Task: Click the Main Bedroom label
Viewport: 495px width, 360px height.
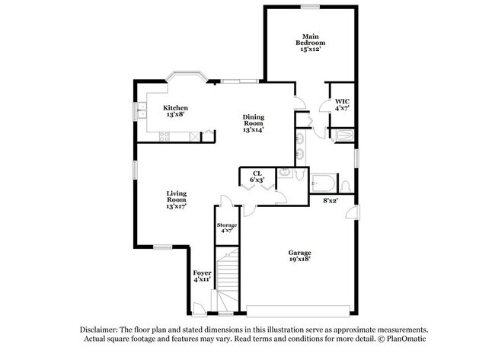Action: tap(310, 43)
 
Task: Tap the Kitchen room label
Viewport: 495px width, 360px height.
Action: tap(176, 111)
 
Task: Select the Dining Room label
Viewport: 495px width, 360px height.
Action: tap(253, 123)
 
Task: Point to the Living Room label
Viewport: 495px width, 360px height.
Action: tap(177, 199)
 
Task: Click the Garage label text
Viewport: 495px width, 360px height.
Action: tap(299, 256)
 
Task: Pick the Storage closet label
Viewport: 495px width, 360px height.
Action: tap(227, 228)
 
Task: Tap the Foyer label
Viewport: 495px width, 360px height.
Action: tap(201, 276)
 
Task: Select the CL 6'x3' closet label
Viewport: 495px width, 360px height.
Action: tap(257, 177)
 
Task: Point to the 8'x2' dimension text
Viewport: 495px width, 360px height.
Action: tap(330, 200)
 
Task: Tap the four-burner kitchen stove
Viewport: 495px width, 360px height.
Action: tap(164, 136)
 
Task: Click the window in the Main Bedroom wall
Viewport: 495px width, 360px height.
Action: tap(309, 7)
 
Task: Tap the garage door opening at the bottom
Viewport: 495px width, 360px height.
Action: tap(299, 310)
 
